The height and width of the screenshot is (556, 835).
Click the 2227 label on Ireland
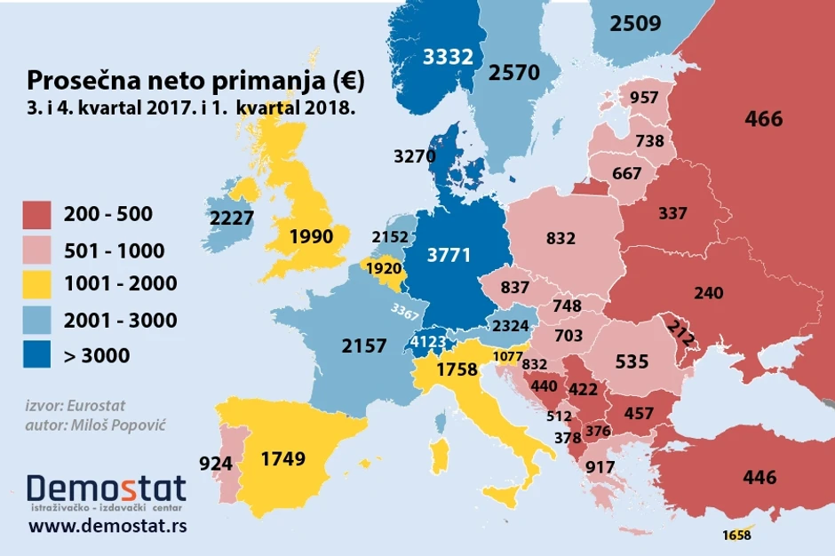coord(233,218)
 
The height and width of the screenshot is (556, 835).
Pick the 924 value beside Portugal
coord(217,463)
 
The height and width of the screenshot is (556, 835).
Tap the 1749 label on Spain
coord(283,459)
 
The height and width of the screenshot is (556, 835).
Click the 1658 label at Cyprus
coord(737,535)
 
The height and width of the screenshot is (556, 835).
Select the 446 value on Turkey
coord(759,478)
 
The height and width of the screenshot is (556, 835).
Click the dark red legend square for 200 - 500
coord(39,214)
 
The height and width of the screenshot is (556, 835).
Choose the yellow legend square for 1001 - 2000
coord(39,284)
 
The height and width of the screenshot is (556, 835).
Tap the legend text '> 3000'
coord(97,355)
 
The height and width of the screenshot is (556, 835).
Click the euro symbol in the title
coord(347,82)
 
